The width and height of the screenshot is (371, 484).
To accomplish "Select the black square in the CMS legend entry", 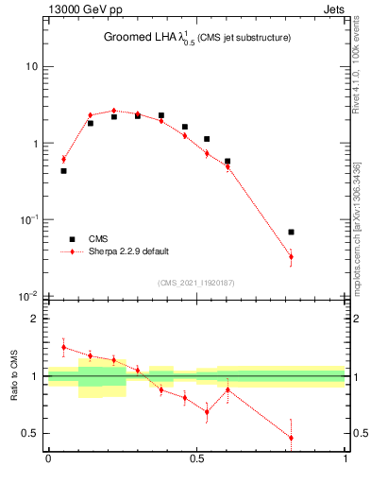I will tap(69, 240).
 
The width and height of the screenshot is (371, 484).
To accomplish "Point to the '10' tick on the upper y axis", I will tap(32, 67).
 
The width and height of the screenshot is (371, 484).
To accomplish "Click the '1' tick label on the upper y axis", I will tap(36, 144).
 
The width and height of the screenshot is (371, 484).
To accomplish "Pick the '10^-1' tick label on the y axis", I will tap(30, 219).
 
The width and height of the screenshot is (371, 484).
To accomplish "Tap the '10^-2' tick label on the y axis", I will tap(30, 296).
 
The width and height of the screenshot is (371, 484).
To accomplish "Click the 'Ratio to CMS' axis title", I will tap(14, 375).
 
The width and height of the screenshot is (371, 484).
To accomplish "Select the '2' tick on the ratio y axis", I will tap(36, 320).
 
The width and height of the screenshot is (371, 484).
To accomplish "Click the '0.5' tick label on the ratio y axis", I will tap(30, 434).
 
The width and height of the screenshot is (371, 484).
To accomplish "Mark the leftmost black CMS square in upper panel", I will tap(63, 171).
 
